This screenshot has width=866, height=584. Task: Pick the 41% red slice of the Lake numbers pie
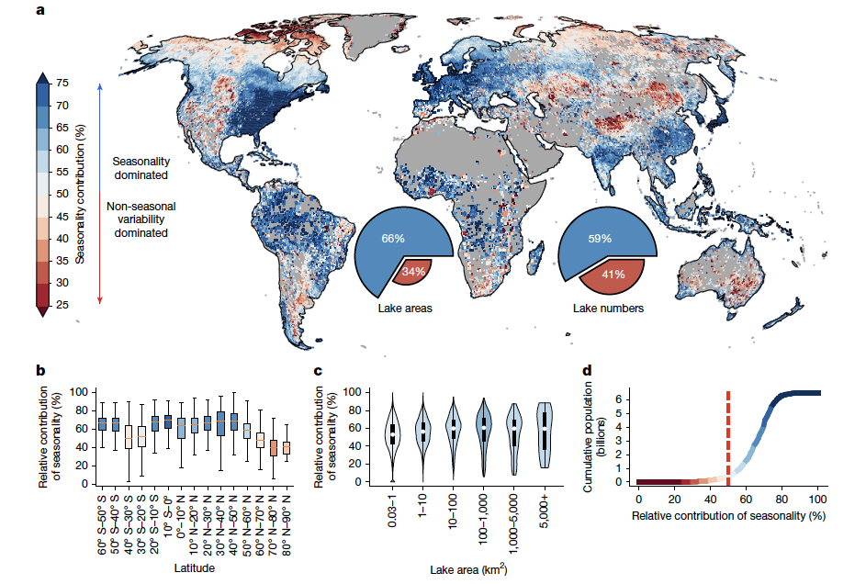[x=614, y=274]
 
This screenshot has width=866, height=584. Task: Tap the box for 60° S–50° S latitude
[x=102, y=423]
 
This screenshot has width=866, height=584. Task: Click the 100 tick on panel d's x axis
[x=815, y=498]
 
